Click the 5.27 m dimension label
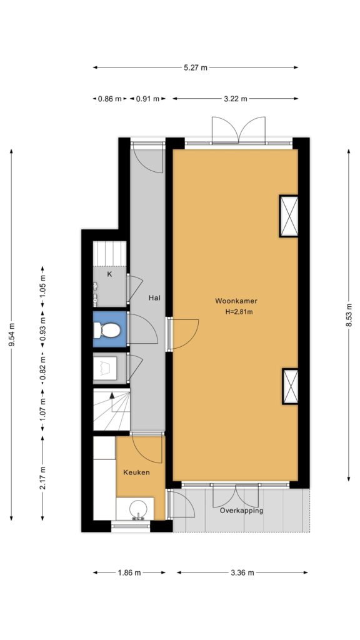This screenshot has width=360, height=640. click(196, 67)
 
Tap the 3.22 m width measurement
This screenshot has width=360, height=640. click(236, 98)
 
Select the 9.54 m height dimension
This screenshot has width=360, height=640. click(11, 335)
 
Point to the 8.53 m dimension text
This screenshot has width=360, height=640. click(349, 316)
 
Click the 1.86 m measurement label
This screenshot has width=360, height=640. click(129, 572)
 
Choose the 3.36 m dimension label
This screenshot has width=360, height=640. click(242, 572)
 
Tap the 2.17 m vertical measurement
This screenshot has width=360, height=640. click(43, 478)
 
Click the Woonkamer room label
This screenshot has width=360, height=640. click(236, 301)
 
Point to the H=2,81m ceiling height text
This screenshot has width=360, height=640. click(236, 312)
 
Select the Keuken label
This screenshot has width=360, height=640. click(136, 472)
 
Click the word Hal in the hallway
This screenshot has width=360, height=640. click(154, 298)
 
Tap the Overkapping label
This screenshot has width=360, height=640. click(241, 511)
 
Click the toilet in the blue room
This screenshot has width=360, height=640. click(107, 330)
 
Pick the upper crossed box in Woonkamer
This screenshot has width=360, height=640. click(289, 216)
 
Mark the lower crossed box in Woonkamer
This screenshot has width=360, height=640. click(290, 386)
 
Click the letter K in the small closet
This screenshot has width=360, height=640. click(109, 274)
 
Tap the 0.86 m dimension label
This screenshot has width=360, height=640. click(110, 98)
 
